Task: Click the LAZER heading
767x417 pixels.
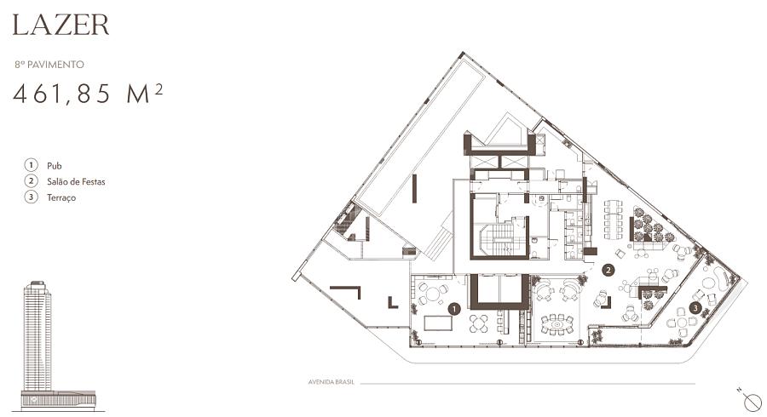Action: [x=61, y=25]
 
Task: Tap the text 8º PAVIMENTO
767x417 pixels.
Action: [x=49, y=65]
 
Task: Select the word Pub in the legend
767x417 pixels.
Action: [x=55, y=166]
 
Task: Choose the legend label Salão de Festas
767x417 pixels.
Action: [x=76, y=181]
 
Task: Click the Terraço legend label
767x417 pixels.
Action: [x=61, y=197]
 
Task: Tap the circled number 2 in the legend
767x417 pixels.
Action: [x=32, y=181]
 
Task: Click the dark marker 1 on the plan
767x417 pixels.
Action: [x=454, y=309]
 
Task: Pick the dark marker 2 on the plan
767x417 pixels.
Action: [x=608, y=270]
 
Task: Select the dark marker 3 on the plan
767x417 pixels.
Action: [x=695, y=307]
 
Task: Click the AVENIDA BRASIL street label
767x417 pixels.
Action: [x=331, y=382]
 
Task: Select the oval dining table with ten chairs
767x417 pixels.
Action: [x=557, y=324]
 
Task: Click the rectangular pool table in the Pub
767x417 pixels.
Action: [x=438, y=323]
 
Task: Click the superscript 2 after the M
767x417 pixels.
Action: [x=159, y=89]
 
